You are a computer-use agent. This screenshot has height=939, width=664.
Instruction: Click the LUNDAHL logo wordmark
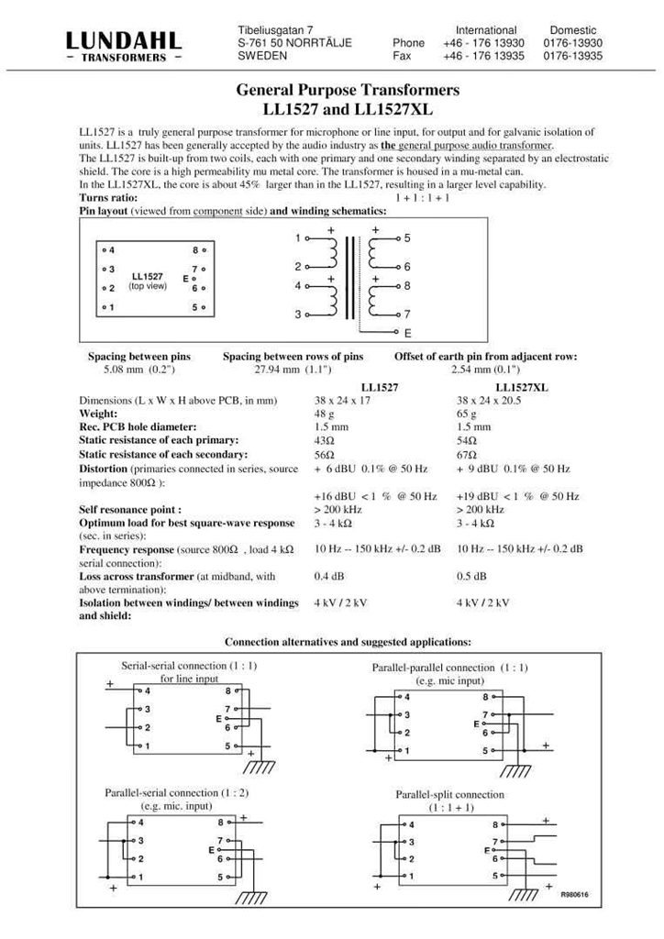[x=123, y=40]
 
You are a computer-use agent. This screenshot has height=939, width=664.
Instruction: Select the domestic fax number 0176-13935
[x=572, y=56]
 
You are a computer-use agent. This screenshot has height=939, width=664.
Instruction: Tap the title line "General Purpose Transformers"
[x=348, y=91]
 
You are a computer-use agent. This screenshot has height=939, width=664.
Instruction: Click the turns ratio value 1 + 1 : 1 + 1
[x=422, y=198]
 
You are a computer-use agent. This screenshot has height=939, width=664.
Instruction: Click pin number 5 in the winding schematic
[x=407, y=238]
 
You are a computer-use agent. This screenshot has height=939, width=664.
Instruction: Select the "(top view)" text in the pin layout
[x=147, y=286]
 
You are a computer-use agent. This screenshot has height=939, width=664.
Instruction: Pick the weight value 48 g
[x=324, y=414]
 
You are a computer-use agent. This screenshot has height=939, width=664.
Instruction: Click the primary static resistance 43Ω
[x=325, y=440]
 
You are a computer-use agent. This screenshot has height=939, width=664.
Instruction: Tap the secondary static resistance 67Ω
[x=467, y=455]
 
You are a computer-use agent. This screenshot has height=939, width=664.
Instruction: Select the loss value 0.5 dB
[x=471, y=577]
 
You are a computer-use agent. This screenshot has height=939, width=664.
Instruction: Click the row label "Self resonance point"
[x=129, y=510]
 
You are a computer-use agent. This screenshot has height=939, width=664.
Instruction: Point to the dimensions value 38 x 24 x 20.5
[x=489, y=401]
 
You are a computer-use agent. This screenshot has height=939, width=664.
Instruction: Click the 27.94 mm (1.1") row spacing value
[x=292, y=370]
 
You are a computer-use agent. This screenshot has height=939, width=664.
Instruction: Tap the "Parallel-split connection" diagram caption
[x=449, y=794]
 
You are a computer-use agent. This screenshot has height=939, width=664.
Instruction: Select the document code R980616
[x=574, y=894]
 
